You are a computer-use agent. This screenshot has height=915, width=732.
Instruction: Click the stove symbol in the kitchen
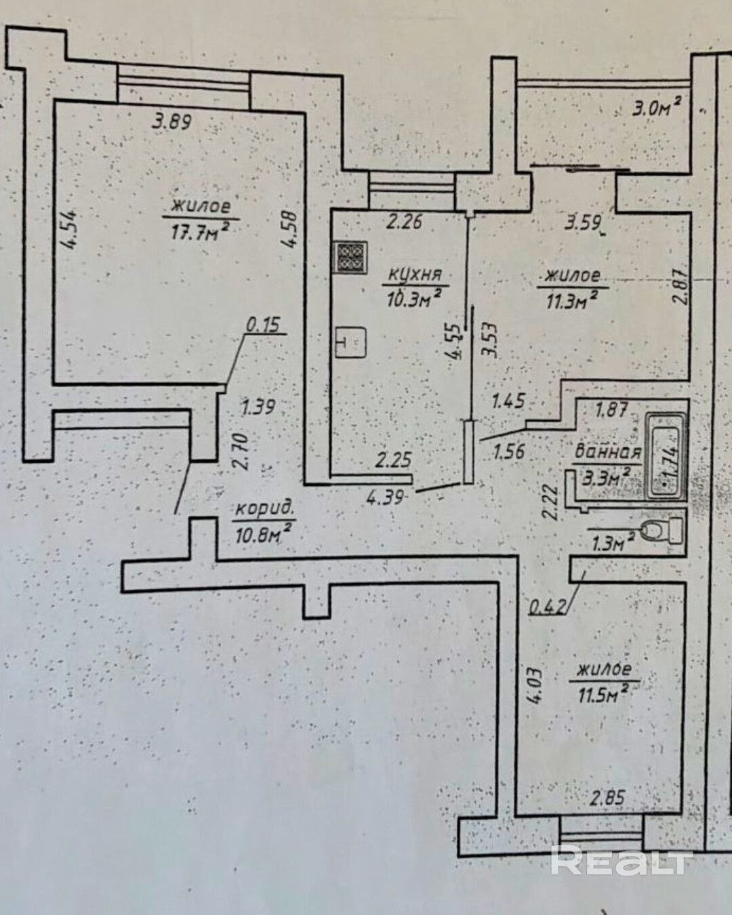click(352, 258)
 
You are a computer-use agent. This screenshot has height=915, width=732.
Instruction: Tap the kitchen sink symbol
click(351, 342)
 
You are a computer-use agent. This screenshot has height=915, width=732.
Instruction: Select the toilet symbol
click(662, 530)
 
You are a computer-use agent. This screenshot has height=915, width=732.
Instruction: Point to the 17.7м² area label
click(201, 232)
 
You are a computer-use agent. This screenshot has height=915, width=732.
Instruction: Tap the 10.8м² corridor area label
click(264, 532)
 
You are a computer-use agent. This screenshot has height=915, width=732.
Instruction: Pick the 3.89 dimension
click(173, 121)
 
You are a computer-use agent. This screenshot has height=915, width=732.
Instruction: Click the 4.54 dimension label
click(68, 229)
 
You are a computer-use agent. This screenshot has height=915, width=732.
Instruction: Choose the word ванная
click(607, 451)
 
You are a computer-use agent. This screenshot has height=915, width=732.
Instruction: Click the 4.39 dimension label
click(386, 497)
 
